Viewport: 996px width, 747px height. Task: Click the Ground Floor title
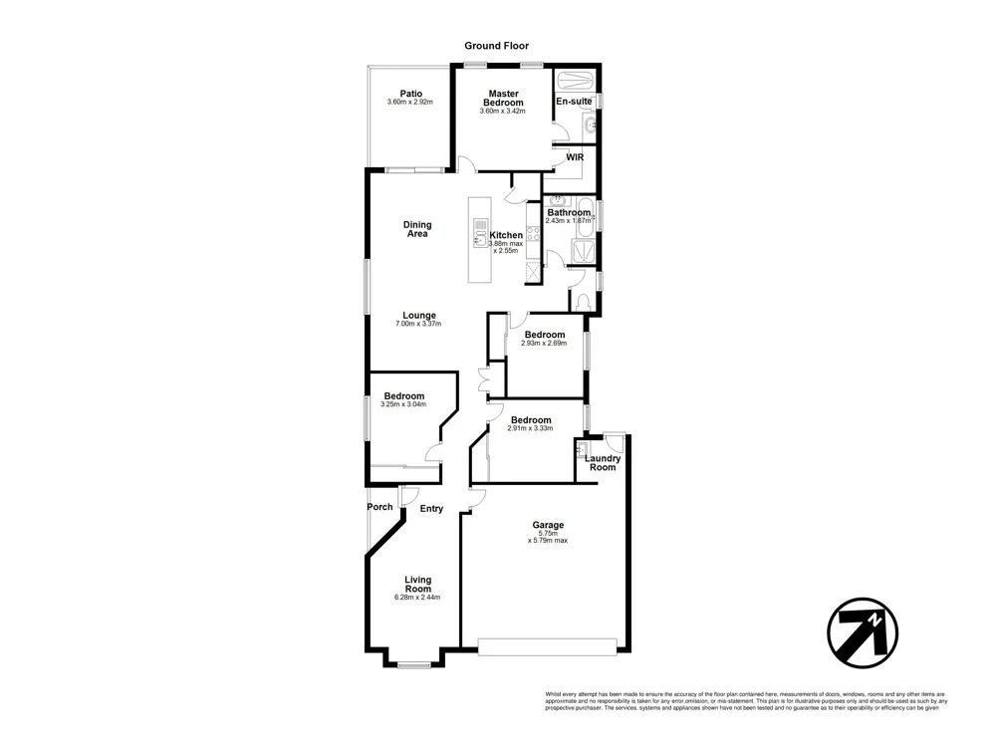(x=496, y=46)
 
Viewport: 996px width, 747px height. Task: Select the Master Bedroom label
(x=503, y=98)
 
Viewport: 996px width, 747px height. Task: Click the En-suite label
(x=574, y=102)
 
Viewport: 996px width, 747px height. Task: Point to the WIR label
(x=575, y=157)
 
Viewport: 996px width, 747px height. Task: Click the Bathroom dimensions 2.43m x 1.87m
(x=569, y=220)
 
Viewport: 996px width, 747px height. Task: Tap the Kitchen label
(x=506, y=235)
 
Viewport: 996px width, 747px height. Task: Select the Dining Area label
(x=417, y=229)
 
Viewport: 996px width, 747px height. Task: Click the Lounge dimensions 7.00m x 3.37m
(x=418, y=324)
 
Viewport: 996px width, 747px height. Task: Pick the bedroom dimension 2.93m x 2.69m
(x=544, y=343)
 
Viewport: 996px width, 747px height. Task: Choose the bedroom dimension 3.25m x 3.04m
(x=403, y=404)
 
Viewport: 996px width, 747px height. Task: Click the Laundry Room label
(x=602, y=463)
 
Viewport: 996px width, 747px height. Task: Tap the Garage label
(x=548, y=525)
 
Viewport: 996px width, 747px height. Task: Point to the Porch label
(x=379, y=507)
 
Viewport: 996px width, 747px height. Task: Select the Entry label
(x=431, y=509)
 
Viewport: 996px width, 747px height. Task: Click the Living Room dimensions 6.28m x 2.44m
(x=417, y=598)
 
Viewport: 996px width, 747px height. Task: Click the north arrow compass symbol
(x=863, y=630)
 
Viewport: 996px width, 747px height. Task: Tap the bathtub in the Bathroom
(x=585, y=216)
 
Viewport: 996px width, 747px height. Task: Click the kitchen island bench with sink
(x=480, y=238)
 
